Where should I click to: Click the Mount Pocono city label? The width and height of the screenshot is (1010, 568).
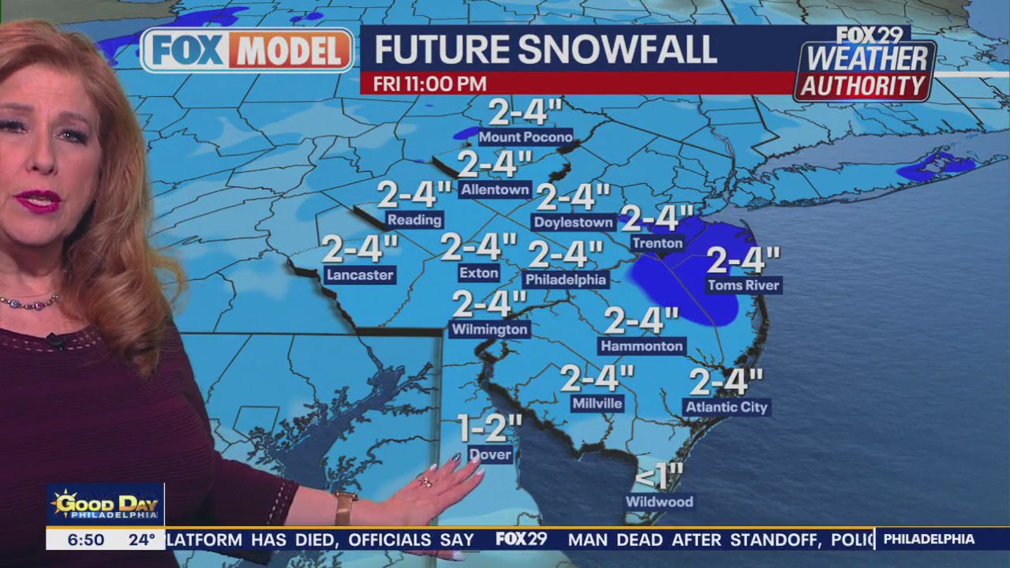coord(525,137)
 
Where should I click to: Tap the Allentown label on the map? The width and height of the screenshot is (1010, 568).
coord(495,189)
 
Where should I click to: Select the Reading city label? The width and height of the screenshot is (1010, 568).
coord(414,219)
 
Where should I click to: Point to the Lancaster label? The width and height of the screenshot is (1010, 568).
coord(359,275)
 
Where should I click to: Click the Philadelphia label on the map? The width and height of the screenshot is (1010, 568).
coord(566,279)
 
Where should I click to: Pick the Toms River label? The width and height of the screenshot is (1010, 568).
coord(743,285)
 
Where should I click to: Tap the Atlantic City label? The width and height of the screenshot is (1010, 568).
coord(726,407)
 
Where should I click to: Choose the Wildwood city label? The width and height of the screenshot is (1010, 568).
coord(659,502)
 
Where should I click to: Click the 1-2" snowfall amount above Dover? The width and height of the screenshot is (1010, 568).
coord(490,428)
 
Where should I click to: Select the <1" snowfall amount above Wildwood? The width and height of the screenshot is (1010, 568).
coord(659,476)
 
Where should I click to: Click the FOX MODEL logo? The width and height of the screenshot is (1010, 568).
coord(248,50)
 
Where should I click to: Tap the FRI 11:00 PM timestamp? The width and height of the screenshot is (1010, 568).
coord(429,84)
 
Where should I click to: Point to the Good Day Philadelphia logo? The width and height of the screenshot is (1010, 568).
coord(105,505)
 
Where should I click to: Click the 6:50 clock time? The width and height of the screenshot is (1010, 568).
coord(85,540)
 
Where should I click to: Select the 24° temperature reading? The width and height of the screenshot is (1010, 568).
coord(142,540)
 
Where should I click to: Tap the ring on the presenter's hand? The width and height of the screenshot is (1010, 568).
coord(425,481)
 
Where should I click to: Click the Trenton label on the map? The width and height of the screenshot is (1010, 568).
coord(656,243)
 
